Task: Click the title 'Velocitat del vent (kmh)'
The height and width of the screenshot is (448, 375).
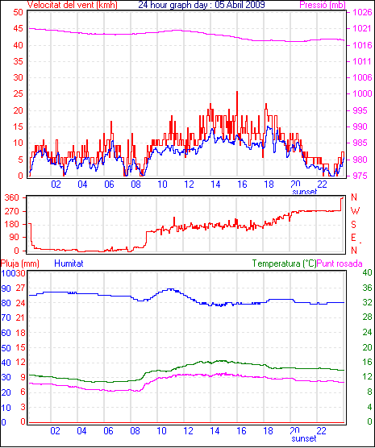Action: tap(73, 5)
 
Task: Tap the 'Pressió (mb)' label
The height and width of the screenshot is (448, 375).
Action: tap(323, 5)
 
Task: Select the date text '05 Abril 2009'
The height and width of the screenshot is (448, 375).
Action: tap(240, 5)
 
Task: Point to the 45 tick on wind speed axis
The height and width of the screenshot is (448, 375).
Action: tap(18, 28)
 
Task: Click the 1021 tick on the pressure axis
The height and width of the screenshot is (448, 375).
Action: tap(362, 28)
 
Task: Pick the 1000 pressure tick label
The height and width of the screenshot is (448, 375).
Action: tap(362, 93)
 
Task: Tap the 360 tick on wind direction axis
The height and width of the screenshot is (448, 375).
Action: tap(12, 197)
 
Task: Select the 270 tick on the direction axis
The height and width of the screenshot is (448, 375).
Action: tap(12, 211)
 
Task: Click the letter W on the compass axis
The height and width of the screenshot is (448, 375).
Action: tap(355, 211)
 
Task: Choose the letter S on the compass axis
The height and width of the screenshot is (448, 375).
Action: tap(354, 225)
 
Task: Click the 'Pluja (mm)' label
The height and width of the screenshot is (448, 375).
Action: tap(19, 263)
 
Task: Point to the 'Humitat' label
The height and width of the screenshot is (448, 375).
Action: tap(69, 263)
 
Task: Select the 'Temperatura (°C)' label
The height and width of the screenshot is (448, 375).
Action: tap(285, 263)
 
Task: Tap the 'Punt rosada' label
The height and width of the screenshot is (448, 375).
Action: tap(340, 263)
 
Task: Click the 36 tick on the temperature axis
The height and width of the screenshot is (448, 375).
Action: tap(367, 288)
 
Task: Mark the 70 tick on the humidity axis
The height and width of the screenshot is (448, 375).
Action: tap(6, 317)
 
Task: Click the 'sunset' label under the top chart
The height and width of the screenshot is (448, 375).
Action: tap(304, 192)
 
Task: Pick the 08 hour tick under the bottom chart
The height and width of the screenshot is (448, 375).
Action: tap(135, 430)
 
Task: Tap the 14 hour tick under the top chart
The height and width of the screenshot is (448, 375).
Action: tap(215, 185)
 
